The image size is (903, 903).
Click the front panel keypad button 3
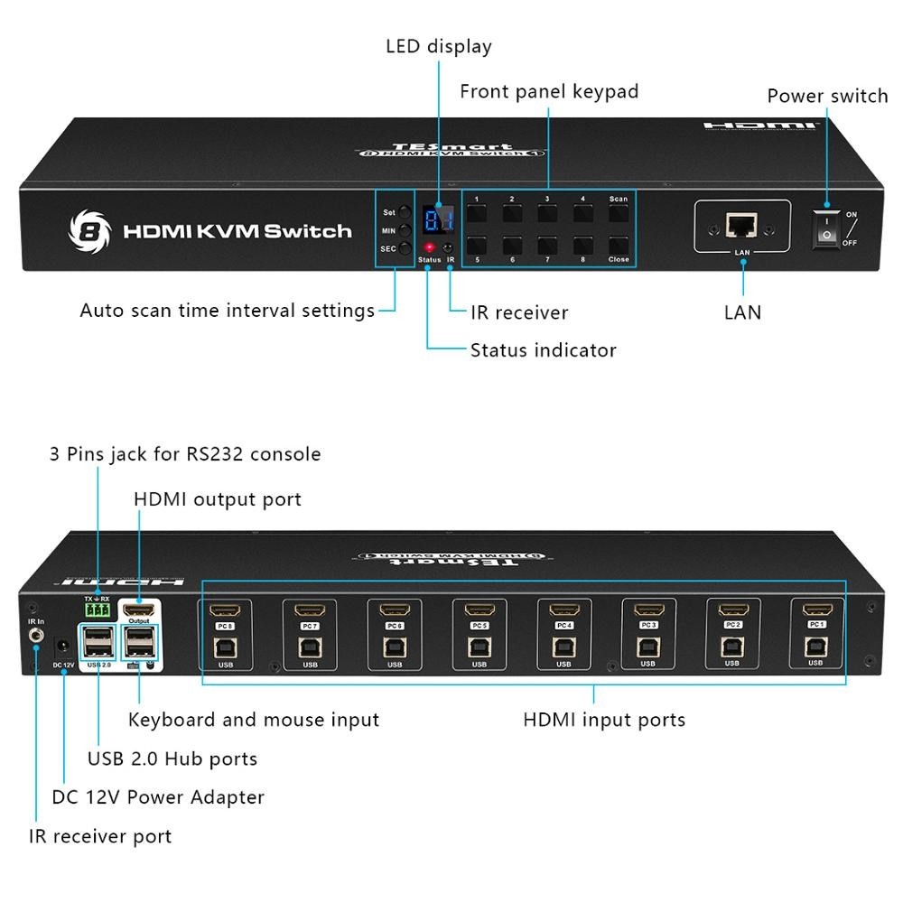[x=547, y=214]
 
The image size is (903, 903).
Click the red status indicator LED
[x=430, y=247]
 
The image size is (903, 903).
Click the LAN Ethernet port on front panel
[x=742, y=225]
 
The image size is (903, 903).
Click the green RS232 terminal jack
[x=97, y=611]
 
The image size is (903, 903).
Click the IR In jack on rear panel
[x=37, y=636]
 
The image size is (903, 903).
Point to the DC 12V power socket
[x=63, y=646]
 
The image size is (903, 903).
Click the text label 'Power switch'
[x=827, y=96]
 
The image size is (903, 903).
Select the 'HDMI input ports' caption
[x=604, y=720]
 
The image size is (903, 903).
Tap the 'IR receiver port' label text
[x=100, y=836]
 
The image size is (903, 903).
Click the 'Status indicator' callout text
[x=543, y=349]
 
